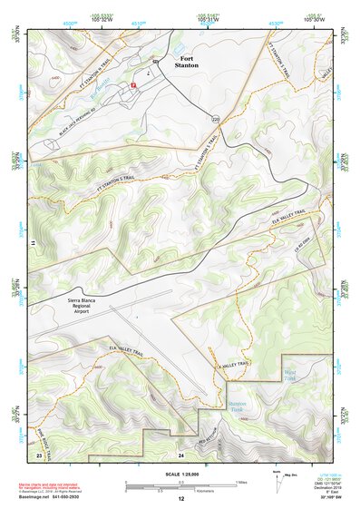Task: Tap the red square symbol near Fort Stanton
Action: tap(133, 84)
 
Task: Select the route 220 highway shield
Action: tap(216, 119)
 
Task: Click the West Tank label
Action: tap(289, 373)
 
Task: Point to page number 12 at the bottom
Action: tap(180, 498)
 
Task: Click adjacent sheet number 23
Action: tap(39, 453)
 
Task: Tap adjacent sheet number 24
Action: tap(180, 453)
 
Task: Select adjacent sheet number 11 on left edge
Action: tap(32, 244)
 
